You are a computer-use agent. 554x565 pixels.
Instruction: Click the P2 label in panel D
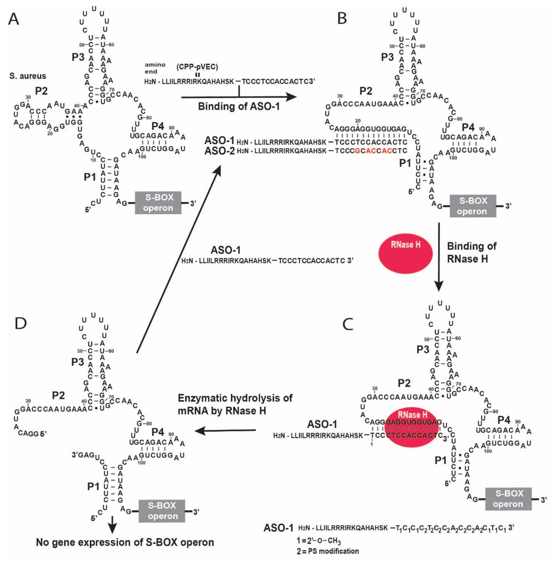pyautogui.click(x=58, y=395)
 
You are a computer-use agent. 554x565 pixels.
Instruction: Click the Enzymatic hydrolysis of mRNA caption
pyautogui.click(x=235, y=404)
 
